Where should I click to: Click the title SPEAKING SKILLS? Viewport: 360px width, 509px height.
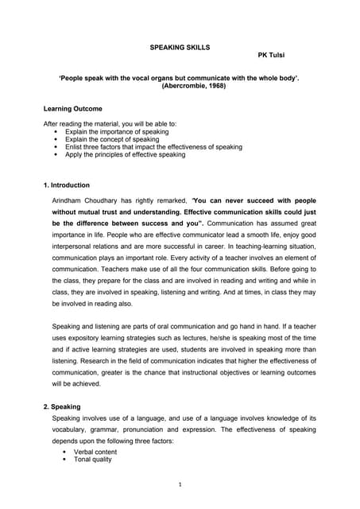click(180, 48)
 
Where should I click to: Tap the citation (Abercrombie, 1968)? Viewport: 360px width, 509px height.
click(180, 85)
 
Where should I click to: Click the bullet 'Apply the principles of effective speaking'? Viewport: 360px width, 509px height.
click(126, 154)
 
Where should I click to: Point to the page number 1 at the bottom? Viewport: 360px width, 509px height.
click(180, 484)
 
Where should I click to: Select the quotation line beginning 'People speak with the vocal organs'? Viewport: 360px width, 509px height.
click(180, 77)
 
